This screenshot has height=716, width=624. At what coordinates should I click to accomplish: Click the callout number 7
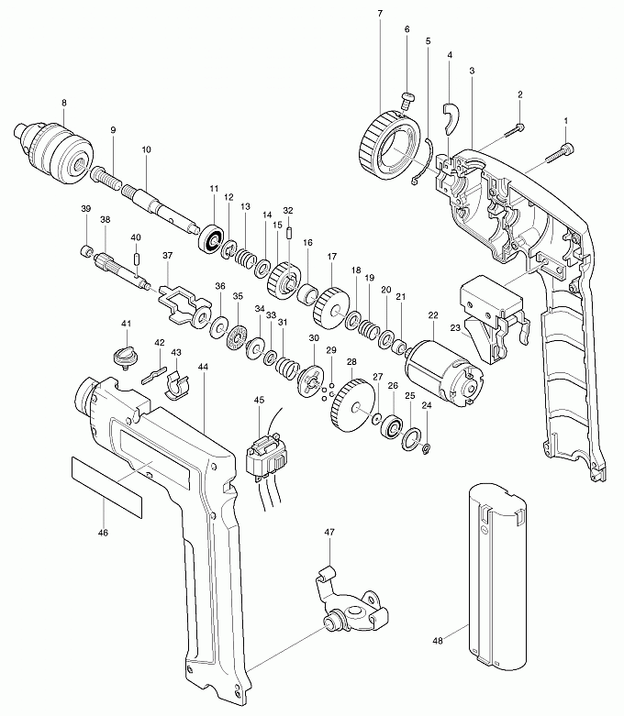[x=380, y=13]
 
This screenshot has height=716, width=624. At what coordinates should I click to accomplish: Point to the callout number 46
[x=104, y=533]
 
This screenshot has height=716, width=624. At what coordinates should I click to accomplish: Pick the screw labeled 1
[x=561, y=152]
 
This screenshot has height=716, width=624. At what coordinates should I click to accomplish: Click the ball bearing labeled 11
[x=212, y=237]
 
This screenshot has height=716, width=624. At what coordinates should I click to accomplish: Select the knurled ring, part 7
[x=391, y=147]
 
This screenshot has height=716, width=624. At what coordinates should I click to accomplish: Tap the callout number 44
[x=204, y=367]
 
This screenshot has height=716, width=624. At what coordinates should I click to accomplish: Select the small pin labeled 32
[x=289, y=233]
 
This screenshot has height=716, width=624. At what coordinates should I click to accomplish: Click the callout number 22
[x=433, y=315]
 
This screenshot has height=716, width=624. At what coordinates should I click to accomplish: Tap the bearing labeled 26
[x=392, y=427]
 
